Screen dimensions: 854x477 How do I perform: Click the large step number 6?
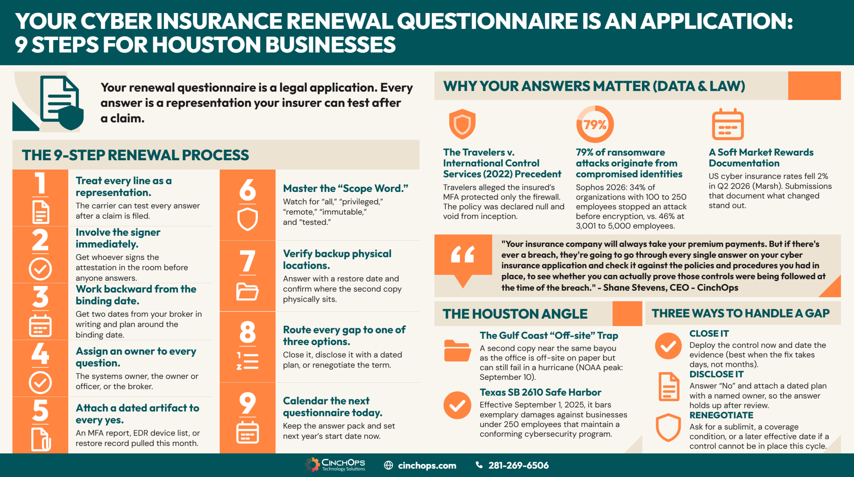point(248,189)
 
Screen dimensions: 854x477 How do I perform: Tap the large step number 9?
point(248,403)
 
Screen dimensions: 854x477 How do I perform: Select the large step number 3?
point(40,297)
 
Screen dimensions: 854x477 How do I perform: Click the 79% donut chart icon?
point(595,124)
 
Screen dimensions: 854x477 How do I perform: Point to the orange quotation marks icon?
point(463,254)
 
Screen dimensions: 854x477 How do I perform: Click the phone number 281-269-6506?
point(518,465)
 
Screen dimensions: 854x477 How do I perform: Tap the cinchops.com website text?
point(427,465)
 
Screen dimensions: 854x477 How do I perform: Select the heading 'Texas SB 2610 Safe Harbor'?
point(540,392)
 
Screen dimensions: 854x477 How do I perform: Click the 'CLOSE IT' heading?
point(709,333)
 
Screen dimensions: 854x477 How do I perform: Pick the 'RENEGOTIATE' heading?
point(721,415)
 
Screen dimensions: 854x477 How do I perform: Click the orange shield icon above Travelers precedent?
point(462,124)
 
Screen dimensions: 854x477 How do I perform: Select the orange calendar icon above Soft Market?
point(728,124)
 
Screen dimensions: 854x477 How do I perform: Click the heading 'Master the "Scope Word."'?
point(346,189)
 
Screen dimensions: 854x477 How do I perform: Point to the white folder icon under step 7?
point(247,291)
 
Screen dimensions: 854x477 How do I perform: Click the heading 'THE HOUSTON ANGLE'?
point(515,314)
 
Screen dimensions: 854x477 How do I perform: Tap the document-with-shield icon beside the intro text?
point(62,103)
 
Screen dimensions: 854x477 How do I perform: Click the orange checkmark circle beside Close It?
point(668,346)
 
